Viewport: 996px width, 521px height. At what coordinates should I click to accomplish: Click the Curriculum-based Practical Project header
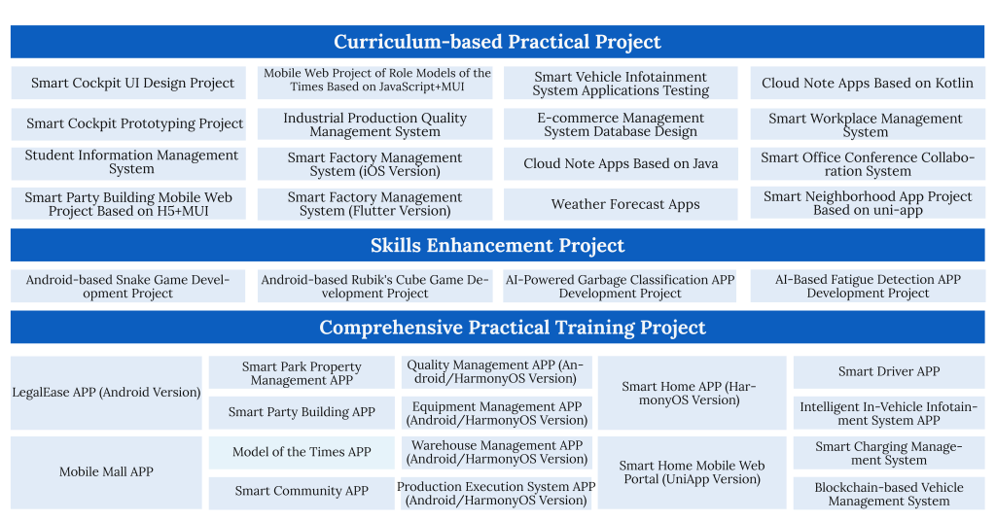497,42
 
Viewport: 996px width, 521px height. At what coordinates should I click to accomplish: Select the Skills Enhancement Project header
497,245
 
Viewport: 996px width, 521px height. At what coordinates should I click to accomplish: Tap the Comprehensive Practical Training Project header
497,327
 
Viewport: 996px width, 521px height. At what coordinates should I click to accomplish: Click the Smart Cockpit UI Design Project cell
128,84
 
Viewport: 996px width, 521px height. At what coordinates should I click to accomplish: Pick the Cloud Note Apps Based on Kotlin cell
868,84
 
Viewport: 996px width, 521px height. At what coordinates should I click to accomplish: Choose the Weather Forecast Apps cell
621,204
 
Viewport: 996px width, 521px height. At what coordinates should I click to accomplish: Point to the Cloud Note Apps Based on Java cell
621,163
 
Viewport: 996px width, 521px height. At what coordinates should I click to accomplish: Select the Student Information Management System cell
128,162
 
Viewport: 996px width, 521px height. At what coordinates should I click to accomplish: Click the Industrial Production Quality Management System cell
374,124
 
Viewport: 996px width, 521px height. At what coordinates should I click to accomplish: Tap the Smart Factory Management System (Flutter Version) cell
374,204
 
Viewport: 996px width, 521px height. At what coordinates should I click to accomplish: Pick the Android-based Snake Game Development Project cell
127,286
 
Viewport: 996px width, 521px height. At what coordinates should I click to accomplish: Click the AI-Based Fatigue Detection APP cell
868,286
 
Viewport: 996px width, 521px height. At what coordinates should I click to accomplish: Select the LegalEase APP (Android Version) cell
106,393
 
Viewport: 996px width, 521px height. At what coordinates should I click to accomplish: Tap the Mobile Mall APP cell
106,472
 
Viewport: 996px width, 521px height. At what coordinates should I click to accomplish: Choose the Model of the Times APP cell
302,452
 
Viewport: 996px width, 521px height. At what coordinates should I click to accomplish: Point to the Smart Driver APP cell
889,372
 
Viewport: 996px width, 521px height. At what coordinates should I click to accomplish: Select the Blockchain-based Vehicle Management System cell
889,494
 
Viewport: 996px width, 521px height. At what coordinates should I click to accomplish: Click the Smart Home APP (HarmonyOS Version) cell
692,393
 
